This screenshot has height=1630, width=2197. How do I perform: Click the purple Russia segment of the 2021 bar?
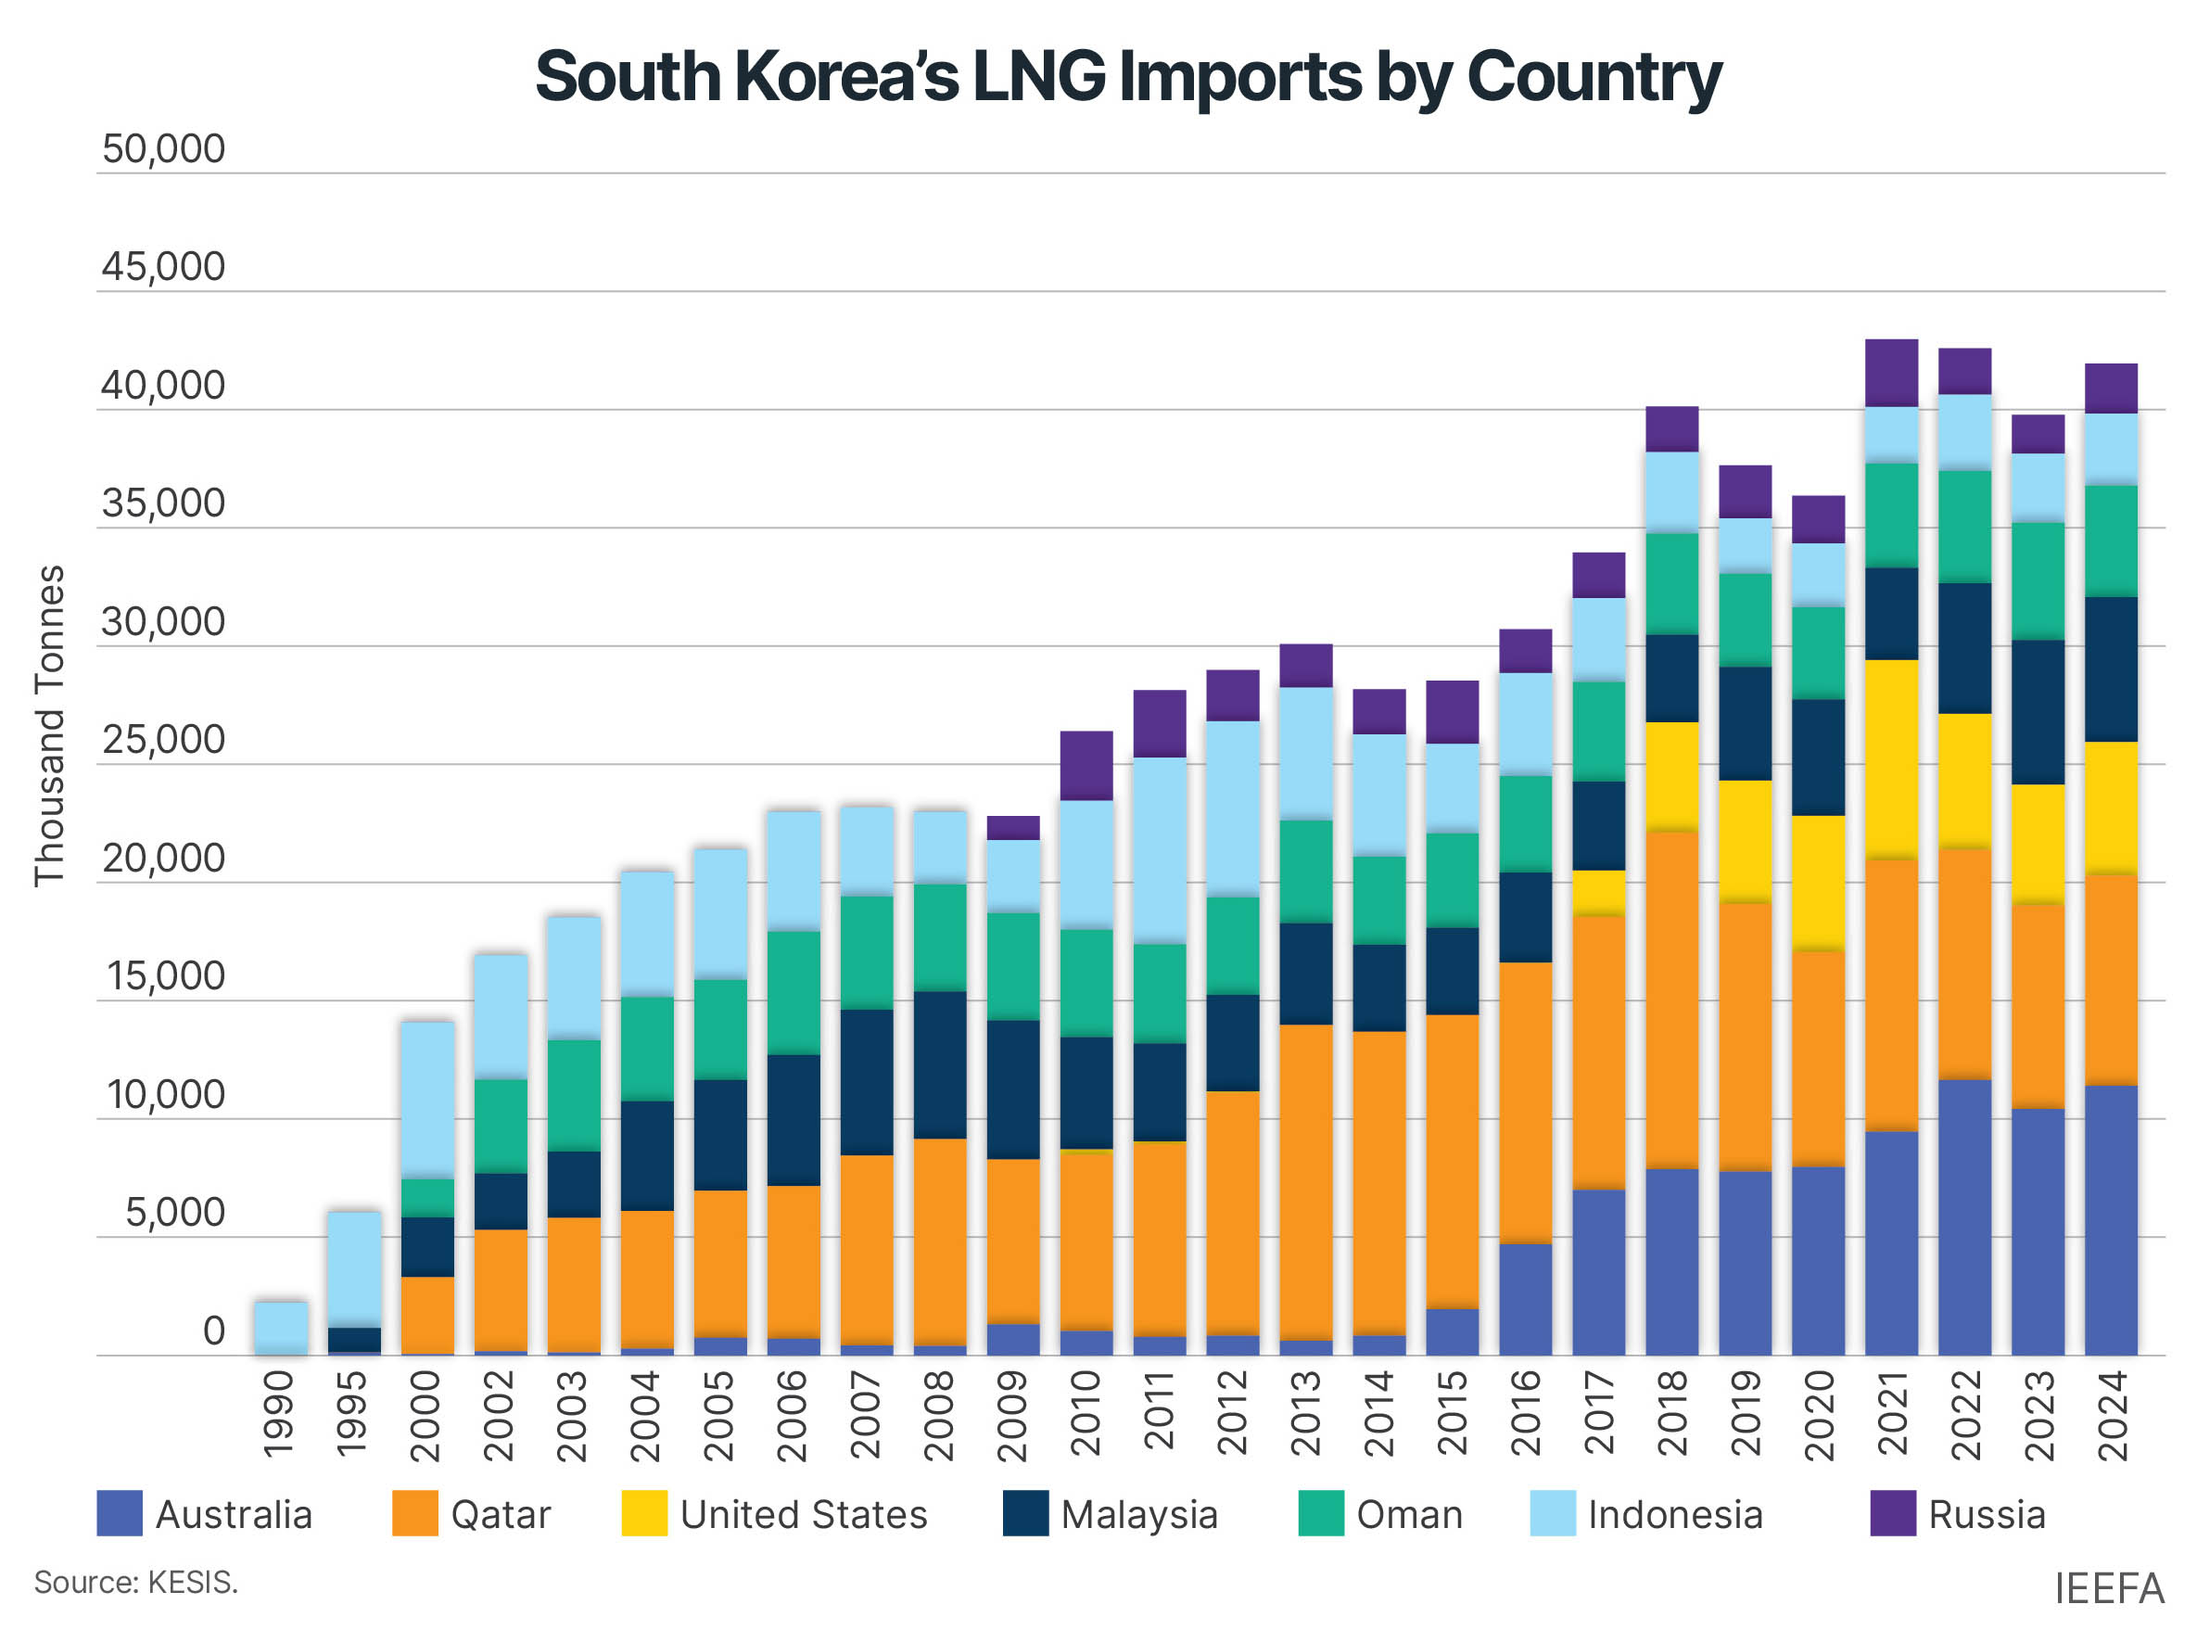pyautogui.click(x=1890, y=373)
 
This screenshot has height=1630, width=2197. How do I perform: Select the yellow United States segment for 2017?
pyautogui.click(x=1597, y=892)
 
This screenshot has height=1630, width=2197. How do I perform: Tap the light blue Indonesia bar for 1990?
pyautogui.click(x=281, y=1326)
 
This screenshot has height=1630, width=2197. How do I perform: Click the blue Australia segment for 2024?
pyautogui.click(x=2110, y=1219)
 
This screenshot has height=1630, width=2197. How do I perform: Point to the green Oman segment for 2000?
pyautogui.click(x=427, y=1197)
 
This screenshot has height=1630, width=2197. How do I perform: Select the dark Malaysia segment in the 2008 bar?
pyautogui.click(x=938, y=1064)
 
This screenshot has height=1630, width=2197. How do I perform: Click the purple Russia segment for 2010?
pyautogui.click(x=1086, y=765)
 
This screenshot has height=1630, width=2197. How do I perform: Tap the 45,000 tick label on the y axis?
pyautogui.click(x=163, y=267)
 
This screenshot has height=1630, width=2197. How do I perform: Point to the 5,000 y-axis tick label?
pyautogui.click(x=174, y=1213)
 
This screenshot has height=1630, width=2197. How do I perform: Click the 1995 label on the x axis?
pyautogui.click(x=352, y=1413)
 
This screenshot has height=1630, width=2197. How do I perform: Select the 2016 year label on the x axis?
pyautogui.click(x=1524, y=1413)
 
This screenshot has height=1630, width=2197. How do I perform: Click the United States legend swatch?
pyautogui.click(x=643, y=1513)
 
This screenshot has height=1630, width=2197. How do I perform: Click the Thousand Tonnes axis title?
pyautogui.click(x=49, y=725)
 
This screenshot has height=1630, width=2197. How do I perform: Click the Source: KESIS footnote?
pyautogui.click(x=136, y=1583)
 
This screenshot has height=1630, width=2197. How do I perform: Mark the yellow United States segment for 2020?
pyautogui.click(x=1817, y=882)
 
